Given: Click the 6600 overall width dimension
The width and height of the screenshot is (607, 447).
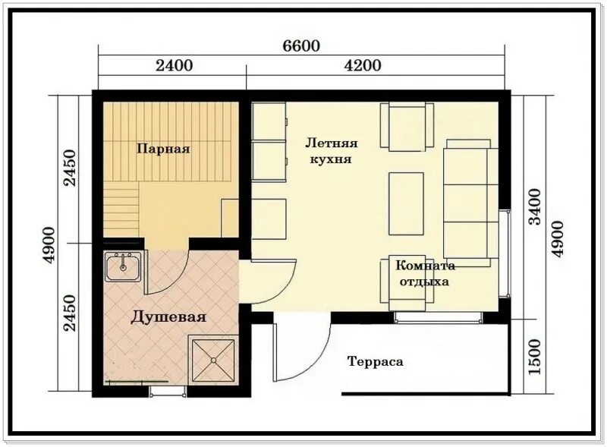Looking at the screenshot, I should (302, 46).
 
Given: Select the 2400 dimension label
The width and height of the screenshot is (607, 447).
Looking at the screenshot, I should (174, 65).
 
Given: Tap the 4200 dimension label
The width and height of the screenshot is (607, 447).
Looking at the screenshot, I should (363, 65).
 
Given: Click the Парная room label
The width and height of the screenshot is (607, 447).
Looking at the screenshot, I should (163, 149).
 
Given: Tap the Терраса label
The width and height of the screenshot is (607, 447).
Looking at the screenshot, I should (375, 362).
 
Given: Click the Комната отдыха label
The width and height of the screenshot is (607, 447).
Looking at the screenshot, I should (424, 273).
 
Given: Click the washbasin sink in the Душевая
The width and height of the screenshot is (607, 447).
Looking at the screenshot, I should (122, 266).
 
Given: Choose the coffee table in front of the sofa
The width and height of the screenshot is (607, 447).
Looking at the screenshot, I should (407, 204).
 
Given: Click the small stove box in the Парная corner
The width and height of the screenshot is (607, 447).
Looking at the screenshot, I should (231, 219).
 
